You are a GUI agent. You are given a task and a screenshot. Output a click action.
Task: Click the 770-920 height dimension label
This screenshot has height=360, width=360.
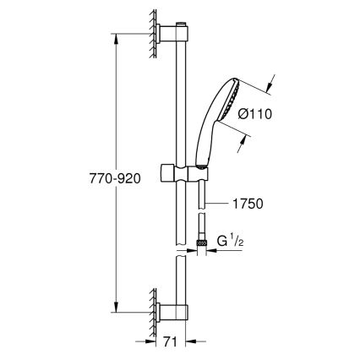[x=112, y=178]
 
